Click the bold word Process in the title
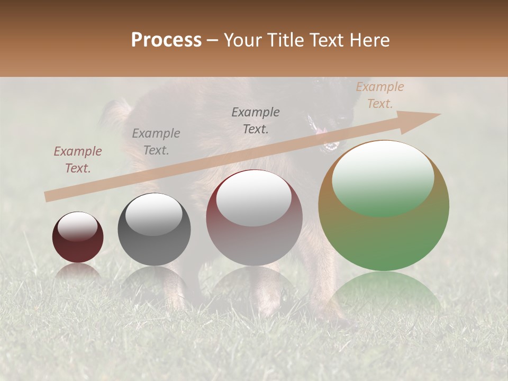click(166, 40)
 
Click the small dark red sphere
click(78, 237)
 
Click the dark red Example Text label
click(78, 160)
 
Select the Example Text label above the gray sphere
click(156, 142)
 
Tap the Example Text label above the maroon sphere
click(256, 121)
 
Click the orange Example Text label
click(380, 95)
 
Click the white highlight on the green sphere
click(383, 177)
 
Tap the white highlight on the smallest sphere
click(77, 227)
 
